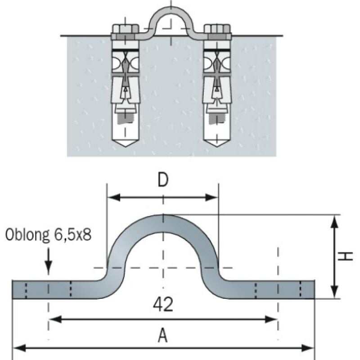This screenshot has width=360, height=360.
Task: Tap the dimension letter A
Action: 163,335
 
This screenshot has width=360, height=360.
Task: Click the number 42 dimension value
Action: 163,305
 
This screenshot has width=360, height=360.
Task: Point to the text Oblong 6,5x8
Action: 48,235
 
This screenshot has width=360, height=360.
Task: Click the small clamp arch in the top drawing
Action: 171,13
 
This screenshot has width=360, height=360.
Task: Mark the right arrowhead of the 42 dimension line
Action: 274,319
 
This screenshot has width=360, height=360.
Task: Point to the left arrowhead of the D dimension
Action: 112,197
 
